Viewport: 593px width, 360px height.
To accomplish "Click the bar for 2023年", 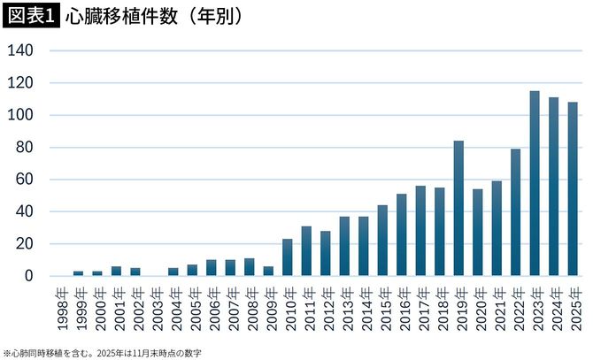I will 535,183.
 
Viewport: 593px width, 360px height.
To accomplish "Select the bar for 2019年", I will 458,208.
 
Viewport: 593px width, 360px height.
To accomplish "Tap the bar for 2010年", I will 288,257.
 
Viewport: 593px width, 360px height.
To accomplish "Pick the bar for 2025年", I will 573,188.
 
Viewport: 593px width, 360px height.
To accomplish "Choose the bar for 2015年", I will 382,241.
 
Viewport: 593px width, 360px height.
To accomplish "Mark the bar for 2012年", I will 326,253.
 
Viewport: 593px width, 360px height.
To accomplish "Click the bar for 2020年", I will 478,233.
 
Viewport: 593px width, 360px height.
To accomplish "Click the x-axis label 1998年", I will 59,307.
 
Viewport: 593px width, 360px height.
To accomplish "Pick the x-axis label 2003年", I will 154,307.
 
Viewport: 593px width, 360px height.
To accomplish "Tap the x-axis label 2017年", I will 420,307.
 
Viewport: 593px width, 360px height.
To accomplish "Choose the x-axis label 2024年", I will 553,307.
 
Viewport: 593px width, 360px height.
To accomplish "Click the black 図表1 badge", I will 30,16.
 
